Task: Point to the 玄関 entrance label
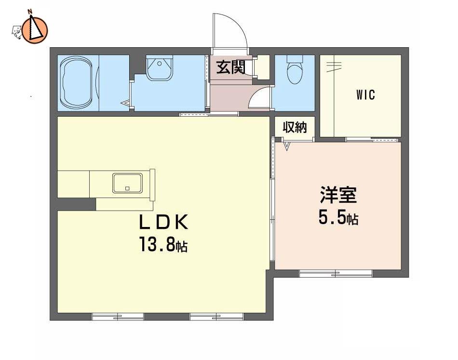pos(230,68)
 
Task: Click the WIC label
pos(365,95)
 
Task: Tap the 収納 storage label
pos(295,127)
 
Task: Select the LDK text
pos(163,222)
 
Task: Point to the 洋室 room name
pos(338,195)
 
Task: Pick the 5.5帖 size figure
pos(338,217)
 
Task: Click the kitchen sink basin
pos(127,183)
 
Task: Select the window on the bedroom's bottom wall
pos(336,274)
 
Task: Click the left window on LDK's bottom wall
pos(118,317)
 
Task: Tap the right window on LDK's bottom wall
pos(216,317)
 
